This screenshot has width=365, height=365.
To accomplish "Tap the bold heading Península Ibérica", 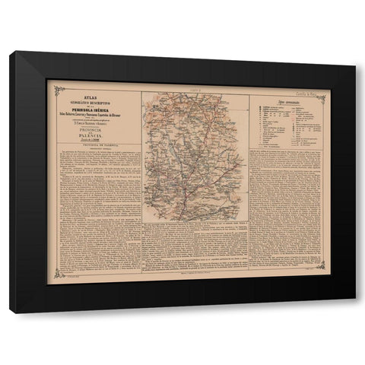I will (94, 105).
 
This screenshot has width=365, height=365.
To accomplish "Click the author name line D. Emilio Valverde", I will (94, 121).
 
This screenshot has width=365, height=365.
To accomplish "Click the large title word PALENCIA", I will (94, 138).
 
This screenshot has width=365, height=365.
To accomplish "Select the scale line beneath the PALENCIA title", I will (94, 144).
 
